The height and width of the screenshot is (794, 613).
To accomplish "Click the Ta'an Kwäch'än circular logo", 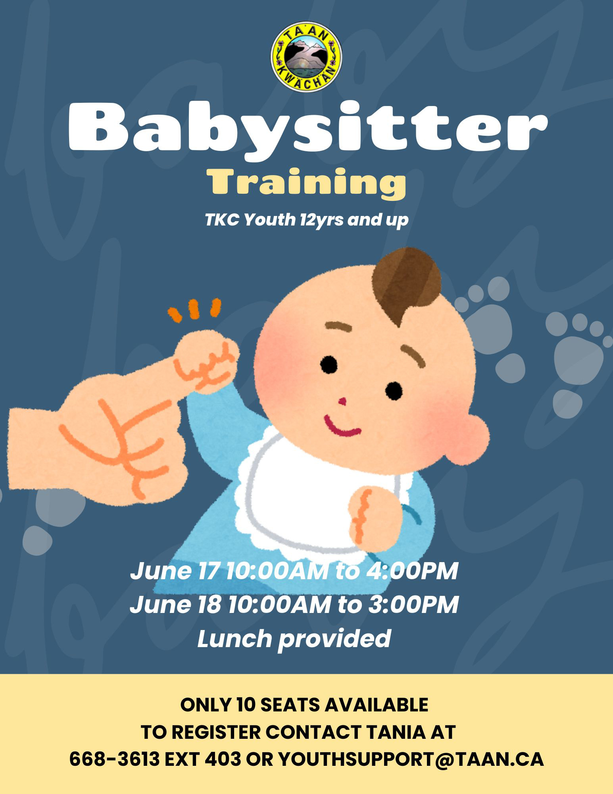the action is (306, 57).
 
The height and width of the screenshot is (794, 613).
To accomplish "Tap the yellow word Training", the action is (306, 183).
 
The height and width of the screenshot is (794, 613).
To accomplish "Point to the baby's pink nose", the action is (342, 402).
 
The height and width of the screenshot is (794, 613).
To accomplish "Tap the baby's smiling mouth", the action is (342, 426).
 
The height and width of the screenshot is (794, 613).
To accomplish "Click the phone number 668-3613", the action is (114, 759).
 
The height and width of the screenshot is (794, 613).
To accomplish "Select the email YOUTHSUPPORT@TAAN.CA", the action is (411, 759).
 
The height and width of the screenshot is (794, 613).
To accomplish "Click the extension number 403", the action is (223, 759).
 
